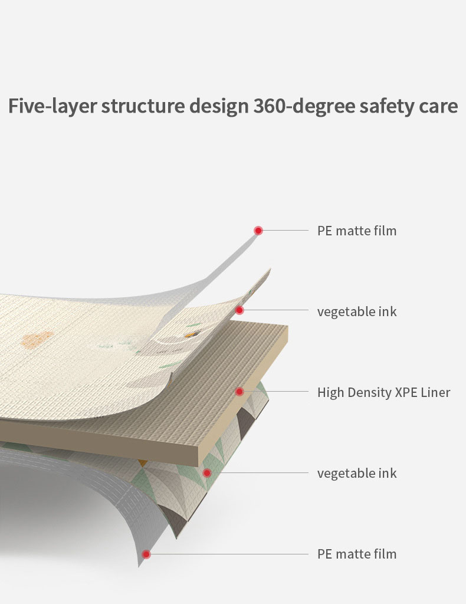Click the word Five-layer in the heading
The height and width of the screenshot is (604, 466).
tap(52, 106)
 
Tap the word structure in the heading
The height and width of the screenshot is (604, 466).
tap(143, 106)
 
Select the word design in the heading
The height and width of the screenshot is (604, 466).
tap(219, 106)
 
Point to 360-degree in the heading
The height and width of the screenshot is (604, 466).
tap(304, 106)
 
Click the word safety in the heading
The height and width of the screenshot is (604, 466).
tap(387, 106)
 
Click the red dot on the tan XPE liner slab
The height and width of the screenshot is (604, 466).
tap(239, 392)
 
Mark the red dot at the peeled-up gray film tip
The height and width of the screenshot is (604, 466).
tap(258, 231)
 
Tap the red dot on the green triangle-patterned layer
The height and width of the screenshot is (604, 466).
tap(207, 473)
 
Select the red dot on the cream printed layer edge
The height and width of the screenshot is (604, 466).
tap(239, 310)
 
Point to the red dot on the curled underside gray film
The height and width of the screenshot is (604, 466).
tap(146, 554)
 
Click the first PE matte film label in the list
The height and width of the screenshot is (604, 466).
tap(357, 231)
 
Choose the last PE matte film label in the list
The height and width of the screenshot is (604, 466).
tap(357, 554)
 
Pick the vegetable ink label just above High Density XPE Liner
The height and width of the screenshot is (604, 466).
tap(357, 311)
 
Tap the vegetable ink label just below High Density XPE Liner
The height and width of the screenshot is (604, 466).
tap(357, 474)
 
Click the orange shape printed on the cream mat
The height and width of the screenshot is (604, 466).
tap(37, 340)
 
